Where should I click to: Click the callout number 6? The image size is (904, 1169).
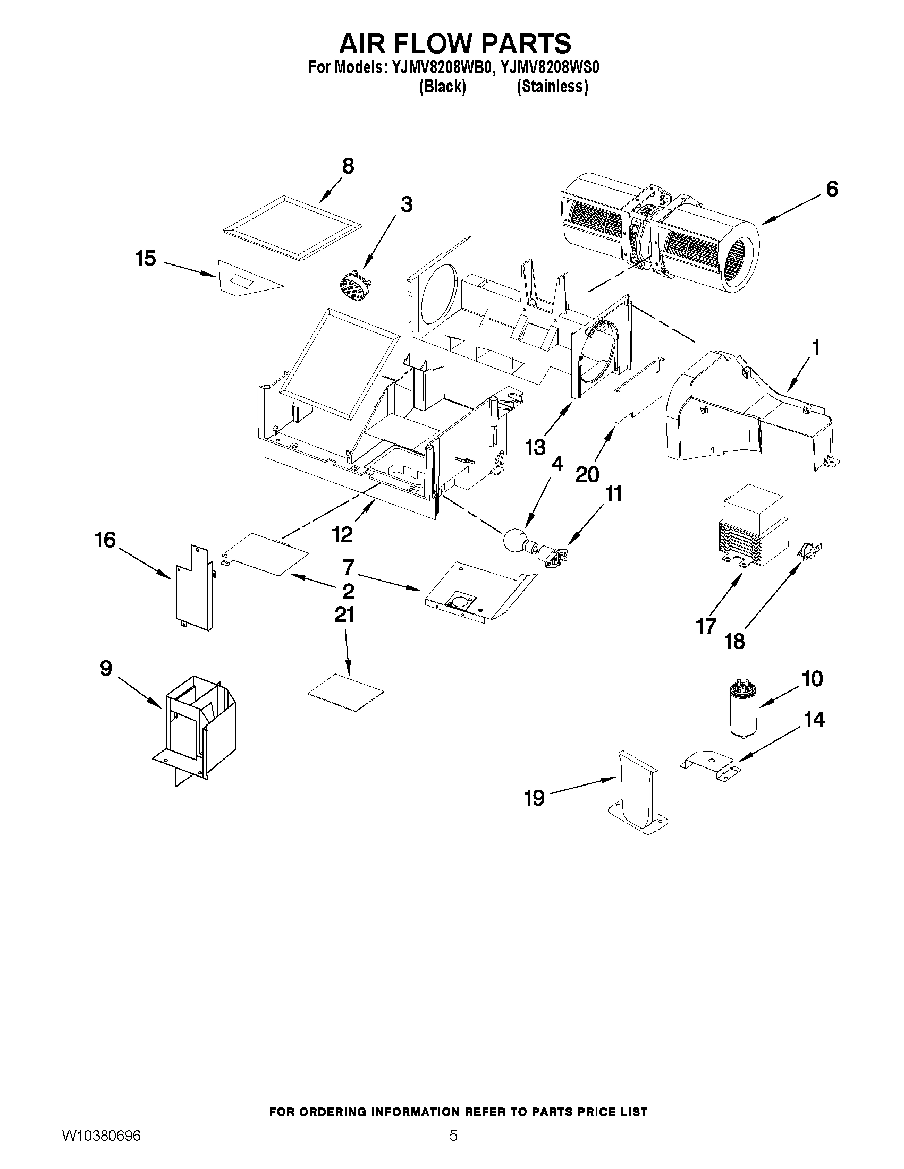tap(831, 189)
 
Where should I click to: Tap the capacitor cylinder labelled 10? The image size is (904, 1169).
tap(742, 708)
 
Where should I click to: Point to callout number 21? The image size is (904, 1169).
tap(344, 615)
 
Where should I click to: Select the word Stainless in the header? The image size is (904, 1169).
tap(552, 86)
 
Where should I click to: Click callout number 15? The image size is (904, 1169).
tap(145, 259)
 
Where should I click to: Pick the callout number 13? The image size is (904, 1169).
tap(535, 446)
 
